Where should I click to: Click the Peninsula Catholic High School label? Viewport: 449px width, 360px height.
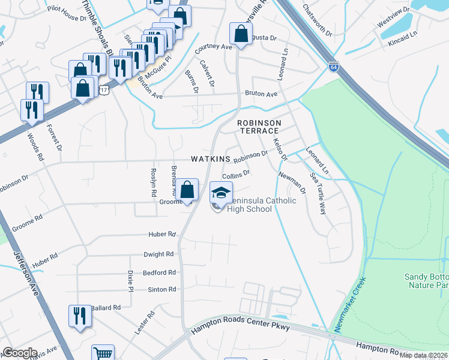coord(255,205)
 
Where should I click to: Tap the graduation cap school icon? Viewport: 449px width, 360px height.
coord(221,193)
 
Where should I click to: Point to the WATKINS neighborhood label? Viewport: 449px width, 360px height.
coord(211,159)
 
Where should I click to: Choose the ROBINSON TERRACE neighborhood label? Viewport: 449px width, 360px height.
coord(258,127)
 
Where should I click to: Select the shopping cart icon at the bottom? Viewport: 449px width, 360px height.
coord(103,354)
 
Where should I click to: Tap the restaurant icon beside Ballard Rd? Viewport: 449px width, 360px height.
coord(79,316)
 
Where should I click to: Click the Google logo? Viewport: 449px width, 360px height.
coord(19,353)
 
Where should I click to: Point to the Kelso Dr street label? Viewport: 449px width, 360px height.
coord(280,149)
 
